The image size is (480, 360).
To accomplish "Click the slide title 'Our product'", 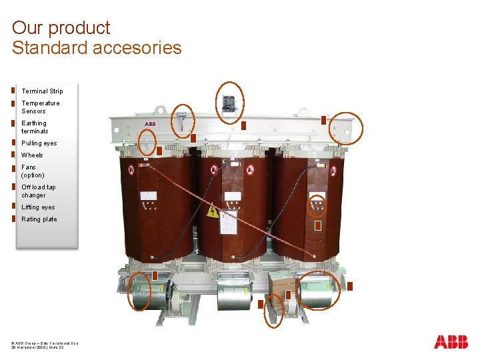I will (61, 28).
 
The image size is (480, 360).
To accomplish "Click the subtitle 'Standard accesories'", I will (97, 48).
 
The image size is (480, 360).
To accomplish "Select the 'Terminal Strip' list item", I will (42, 91).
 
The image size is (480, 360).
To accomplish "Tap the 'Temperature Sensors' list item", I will (40, 107).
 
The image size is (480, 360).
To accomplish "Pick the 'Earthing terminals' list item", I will (35, 127).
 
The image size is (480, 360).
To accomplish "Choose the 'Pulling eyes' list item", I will (39, 143).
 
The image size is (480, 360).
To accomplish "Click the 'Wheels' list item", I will (32, 155).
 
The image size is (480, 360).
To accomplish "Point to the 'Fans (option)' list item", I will (33, 171).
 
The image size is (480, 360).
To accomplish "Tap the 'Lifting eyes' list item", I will (38, 207).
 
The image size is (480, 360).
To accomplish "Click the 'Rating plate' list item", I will (39, 219).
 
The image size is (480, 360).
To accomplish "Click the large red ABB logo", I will (451, 342).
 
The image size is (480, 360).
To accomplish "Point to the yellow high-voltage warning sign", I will (213, 213).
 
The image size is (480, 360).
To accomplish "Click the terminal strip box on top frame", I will (229, 103).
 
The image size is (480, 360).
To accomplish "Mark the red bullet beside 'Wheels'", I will (13, 155).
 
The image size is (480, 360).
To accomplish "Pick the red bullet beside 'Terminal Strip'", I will (13, 90).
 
